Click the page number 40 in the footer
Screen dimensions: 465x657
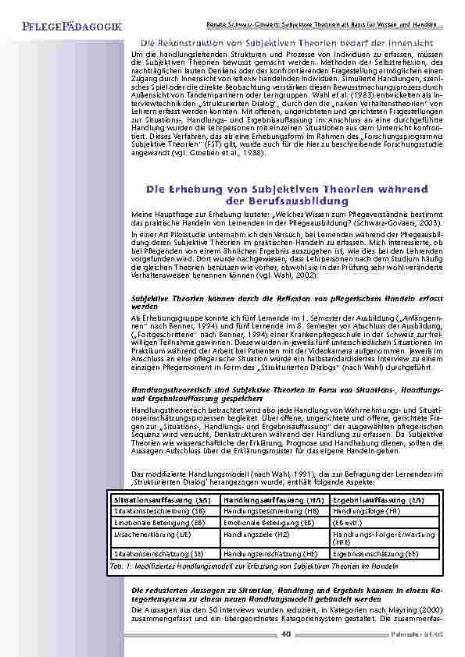tap(286, 634)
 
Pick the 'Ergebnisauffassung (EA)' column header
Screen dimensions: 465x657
tap(378, 499)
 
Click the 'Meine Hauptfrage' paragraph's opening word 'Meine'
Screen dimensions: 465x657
tap(140, 214)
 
